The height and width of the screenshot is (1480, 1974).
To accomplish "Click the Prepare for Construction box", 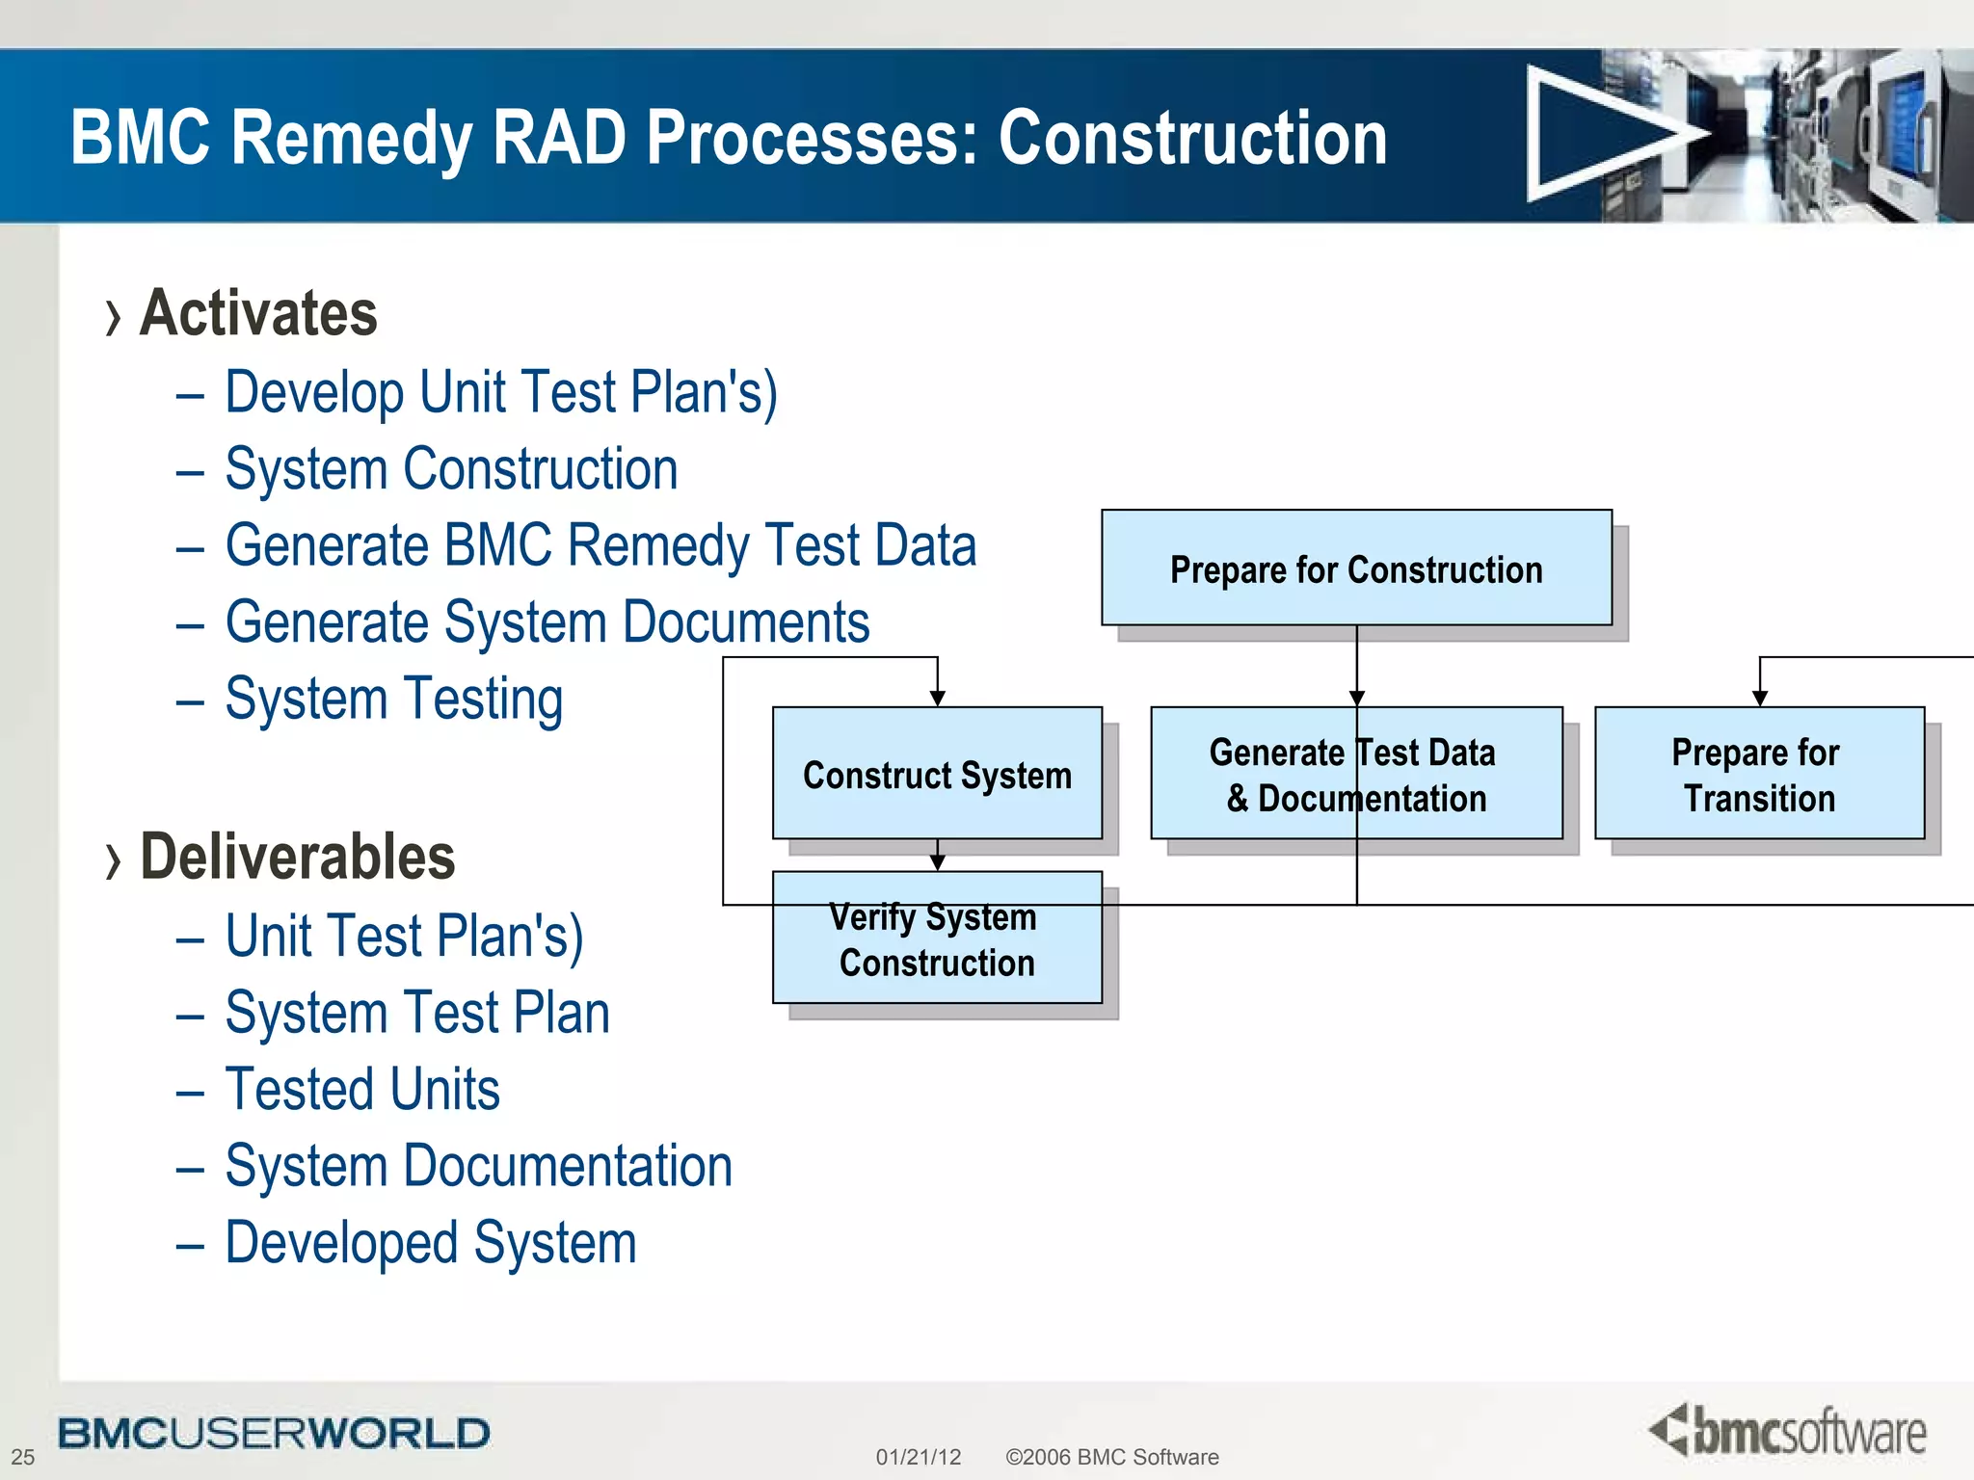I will click(x=1356, y=568).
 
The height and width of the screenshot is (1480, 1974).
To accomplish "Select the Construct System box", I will click(x=937, y=774).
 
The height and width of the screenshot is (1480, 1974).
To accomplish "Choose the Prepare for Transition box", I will click(x=1759, y=774).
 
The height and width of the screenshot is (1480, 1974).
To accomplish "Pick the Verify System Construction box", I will click(x=937, y=938).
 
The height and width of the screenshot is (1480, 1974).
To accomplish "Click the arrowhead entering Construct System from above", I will click(x=937, y=699).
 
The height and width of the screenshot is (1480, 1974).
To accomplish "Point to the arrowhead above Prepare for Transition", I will click(x=1759, y=699).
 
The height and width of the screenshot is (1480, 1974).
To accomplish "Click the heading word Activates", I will click(x=258, y=313).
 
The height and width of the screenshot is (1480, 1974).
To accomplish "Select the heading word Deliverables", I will click(x=297, y=857).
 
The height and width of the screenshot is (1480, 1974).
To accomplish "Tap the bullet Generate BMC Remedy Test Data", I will click(x=600, y=545).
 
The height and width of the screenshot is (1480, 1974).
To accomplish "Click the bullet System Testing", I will click(x=393, y=700).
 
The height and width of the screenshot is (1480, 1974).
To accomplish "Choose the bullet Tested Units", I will click(x=362, y=1090).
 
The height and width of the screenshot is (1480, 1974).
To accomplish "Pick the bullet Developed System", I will click(x=431, y=1243).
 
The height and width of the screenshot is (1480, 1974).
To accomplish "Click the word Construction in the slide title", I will click(x=1192, y=138).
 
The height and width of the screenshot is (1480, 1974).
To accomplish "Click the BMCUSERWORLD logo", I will click(x=274, y=1434).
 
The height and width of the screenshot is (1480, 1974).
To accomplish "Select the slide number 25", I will click(x=23, y=1457).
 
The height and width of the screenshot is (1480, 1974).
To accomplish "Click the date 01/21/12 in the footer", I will click(x=918, y=1457).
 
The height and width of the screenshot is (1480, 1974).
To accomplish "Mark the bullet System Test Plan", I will click(x=416, y=1013).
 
